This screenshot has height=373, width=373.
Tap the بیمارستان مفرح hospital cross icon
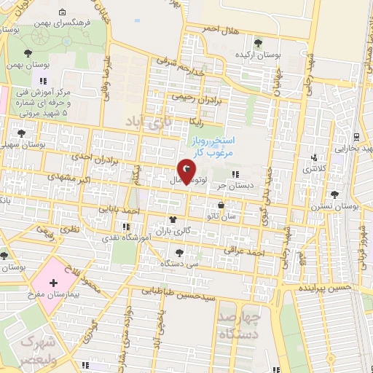pyautogui.click(x=52, y=282)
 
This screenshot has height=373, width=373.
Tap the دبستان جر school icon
pyautogui.click(x=235, y=174)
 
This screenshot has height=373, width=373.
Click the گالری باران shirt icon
pyautogui.click(x=173, y=219)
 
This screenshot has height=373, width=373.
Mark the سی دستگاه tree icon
pyautogui.click(x=178, y=252)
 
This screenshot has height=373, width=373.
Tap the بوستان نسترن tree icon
pyautogui.click(x=334, y=195)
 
